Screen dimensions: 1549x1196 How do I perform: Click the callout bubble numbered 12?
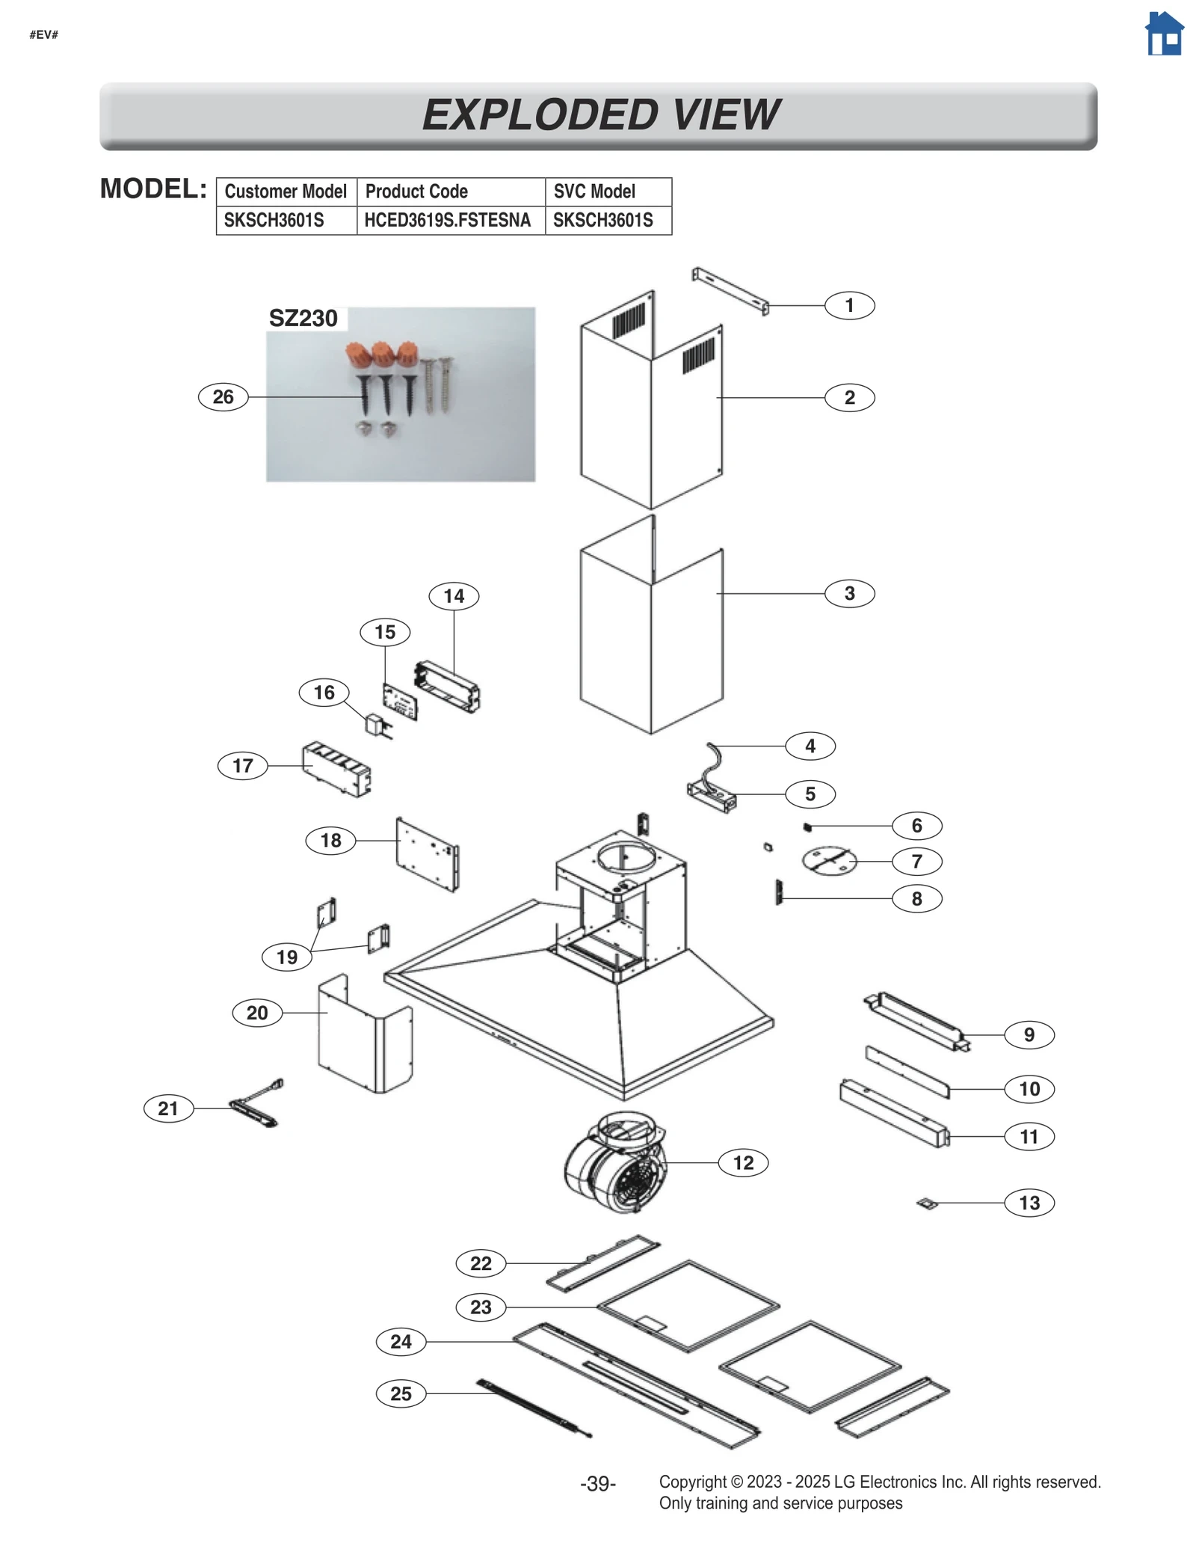point(742,1162)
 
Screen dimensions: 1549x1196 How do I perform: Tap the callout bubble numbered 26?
point(223,396)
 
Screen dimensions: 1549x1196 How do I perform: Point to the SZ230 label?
point(303,318)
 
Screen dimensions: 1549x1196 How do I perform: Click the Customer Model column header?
point(286,191)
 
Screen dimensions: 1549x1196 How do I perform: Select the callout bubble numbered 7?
point(916,861)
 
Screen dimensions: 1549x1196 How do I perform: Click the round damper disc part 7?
point(828,861)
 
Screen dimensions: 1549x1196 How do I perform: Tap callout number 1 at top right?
point(849,305)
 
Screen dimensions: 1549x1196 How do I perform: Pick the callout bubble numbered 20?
point(256,1013)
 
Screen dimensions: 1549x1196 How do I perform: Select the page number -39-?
point(597,1483)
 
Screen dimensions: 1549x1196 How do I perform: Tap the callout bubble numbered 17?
point(242,765)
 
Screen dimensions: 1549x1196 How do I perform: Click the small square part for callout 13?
point(927,1203)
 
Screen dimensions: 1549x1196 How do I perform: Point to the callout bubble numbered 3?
point(849,593)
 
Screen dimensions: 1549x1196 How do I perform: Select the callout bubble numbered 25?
point(401,1393)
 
